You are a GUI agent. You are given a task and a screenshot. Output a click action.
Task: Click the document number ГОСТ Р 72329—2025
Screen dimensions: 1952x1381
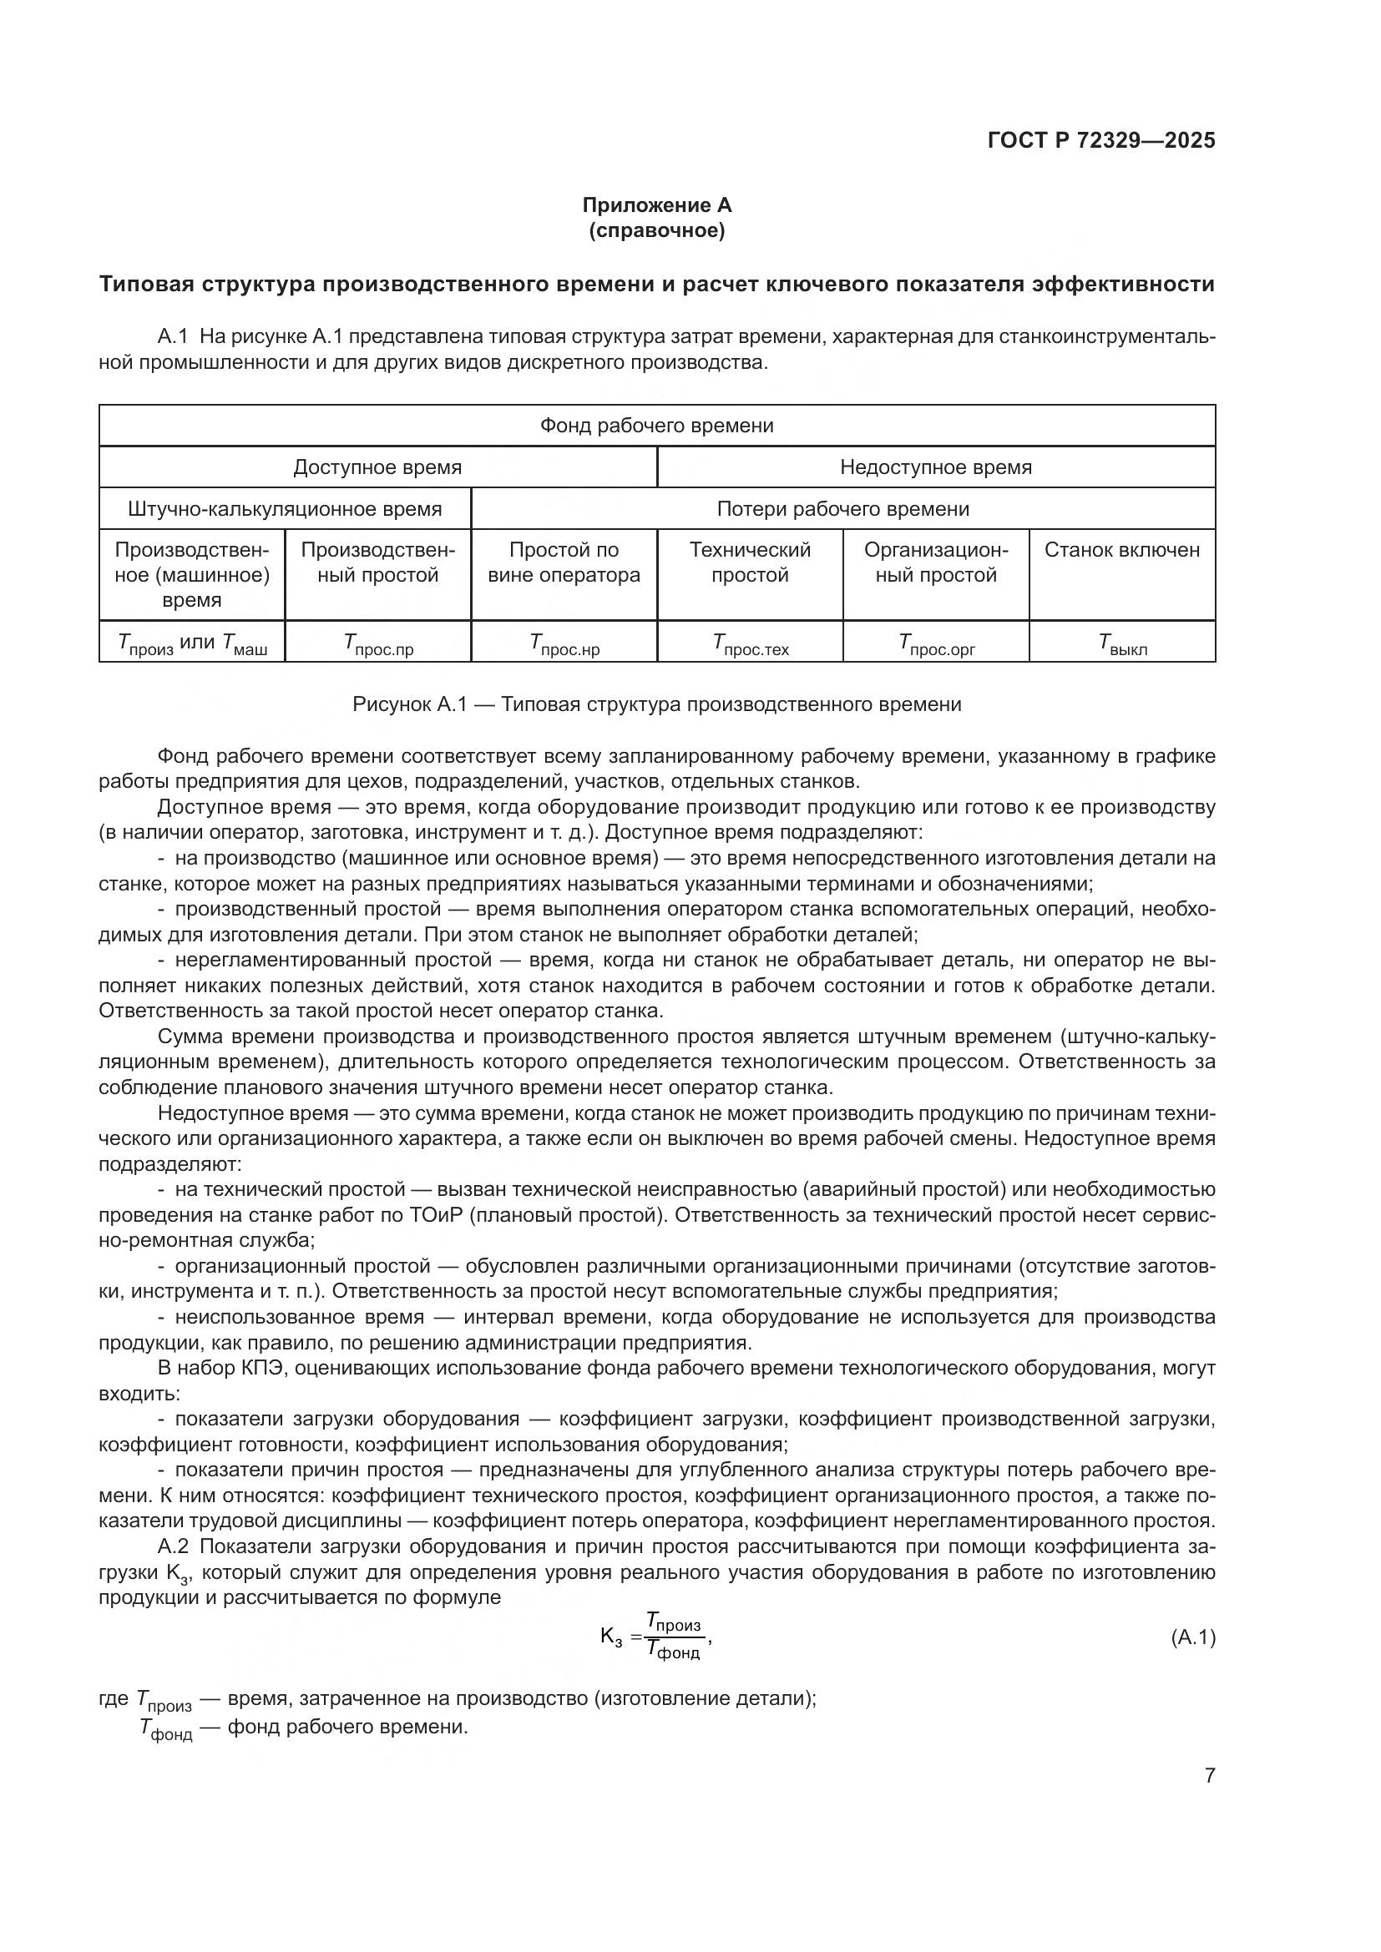(x=1101, y=140)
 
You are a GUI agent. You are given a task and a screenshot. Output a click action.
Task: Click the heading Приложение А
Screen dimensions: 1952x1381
(x=656, y=205)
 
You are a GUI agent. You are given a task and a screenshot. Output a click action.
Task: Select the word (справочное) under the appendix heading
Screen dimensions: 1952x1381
(x=656, y=230)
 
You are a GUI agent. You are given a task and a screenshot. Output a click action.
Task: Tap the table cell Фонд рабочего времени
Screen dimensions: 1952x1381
(x=656, y=425)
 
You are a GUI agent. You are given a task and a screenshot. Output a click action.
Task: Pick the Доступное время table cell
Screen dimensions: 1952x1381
(x=377, y=467)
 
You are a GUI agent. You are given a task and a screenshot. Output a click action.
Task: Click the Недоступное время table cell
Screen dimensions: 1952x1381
(x=935, y=467)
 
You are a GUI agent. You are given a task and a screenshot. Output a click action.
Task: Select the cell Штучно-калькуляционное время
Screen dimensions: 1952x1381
(x=285, y=508)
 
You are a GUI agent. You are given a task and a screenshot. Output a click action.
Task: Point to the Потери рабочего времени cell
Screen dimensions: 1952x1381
(x=842, y=508)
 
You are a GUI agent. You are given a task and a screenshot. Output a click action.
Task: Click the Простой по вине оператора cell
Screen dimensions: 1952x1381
(x=564, y=562)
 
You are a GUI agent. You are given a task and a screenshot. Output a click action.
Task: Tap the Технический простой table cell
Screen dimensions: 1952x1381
(x=750, y=562)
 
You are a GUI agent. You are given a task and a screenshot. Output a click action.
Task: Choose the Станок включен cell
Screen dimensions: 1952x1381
(x=1121, y=550)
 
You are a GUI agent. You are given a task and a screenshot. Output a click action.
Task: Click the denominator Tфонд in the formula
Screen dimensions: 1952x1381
(x=673, y=1650)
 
